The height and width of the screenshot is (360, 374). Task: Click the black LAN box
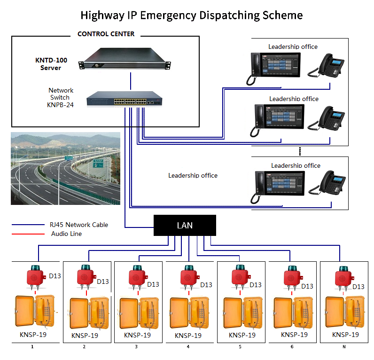click(185, 225)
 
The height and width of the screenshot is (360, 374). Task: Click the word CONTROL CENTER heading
click(106, 34)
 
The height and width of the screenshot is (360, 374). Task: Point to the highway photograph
click(65, 168)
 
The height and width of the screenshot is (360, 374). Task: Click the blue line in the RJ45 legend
click(27, 225)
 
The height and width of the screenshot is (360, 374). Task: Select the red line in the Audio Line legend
click(27, 234)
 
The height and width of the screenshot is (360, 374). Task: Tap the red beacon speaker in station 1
click(35, 277)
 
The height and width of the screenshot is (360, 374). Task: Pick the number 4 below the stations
click(188, 347)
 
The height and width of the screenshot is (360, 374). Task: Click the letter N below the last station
click(343, 347)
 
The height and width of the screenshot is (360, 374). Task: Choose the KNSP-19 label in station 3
click(137, 335)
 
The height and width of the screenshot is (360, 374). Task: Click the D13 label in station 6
click(307, 286)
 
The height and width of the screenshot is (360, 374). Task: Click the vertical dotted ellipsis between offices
click(299, 151)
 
